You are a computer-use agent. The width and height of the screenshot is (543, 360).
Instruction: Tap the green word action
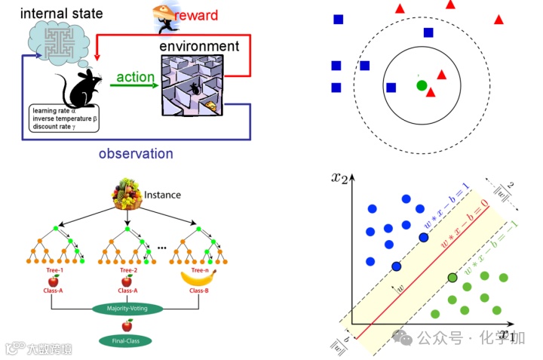point(135,77)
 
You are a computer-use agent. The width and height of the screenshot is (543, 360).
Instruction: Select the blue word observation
point(136,154)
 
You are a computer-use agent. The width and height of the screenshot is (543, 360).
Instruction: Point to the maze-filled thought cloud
point(57,38)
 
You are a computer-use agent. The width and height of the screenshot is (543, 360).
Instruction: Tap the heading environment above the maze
point(199,46)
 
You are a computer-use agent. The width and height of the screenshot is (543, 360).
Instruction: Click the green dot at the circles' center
point(422,85)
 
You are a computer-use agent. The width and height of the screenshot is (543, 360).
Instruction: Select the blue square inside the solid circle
point(391,88)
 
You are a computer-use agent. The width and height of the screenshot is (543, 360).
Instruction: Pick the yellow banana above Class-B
point(198,278)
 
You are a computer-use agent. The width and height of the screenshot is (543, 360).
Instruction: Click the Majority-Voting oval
point(128,308)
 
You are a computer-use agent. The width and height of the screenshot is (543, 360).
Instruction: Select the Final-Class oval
point(126,340)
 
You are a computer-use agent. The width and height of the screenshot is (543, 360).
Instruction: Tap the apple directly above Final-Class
point(127,325)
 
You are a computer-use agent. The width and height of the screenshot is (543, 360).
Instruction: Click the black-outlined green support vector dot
point(452,278)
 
